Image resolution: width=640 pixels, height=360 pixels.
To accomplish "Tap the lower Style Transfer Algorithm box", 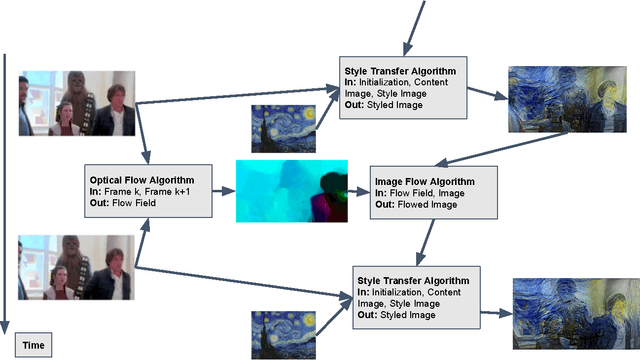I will coord(416,292).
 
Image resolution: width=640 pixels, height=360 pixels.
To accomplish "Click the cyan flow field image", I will coord(291,189).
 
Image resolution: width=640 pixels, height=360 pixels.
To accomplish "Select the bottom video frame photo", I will coord(76,268).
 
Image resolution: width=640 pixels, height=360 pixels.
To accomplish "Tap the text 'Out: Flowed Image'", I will coord(417,203).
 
